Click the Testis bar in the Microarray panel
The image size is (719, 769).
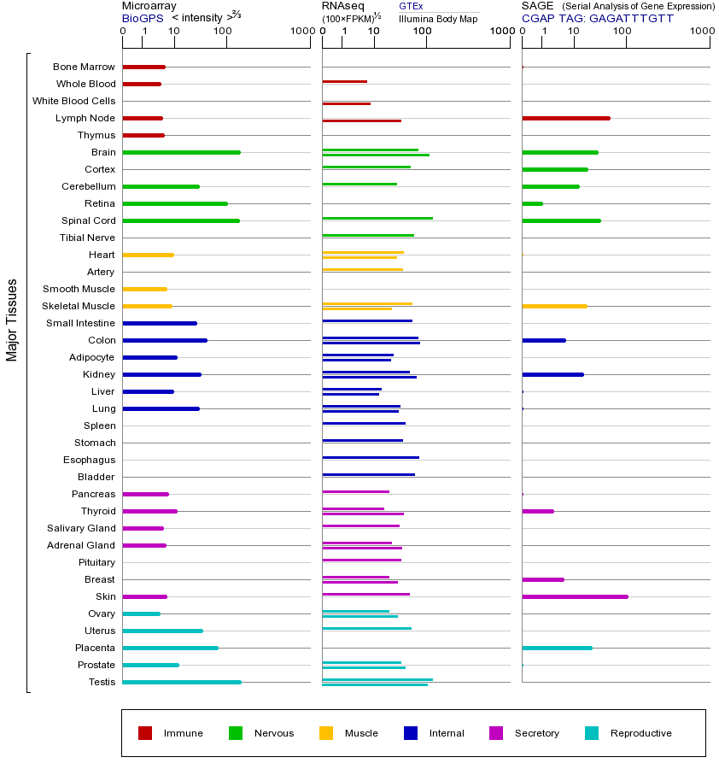181,682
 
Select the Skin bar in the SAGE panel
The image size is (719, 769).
575,596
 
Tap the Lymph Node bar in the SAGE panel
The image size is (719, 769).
565,118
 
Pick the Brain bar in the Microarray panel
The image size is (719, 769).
181,152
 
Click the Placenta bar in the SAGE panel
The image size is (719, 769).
557,648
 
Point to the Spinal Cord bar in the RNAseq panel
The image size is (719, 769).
377,218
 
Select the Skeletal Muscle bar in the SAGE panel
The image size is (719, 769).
554,306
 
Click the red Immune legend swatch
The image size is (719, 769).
145,733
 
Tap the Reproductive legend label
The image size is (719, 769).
640,733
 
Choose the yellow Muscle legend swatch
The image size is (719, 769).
326,733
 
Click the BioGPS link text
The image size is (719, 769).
143,18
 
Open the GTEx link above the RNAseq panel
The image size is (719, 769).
411,6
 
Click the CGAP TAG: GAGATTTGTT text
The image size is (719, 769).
597,18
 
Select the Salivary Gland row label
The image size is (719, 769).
81,528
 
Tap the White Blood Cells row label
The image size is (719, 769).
73,101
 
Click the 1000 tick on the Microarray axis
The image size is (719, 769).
301,32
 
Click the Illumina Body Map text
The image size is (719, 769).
438,18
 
